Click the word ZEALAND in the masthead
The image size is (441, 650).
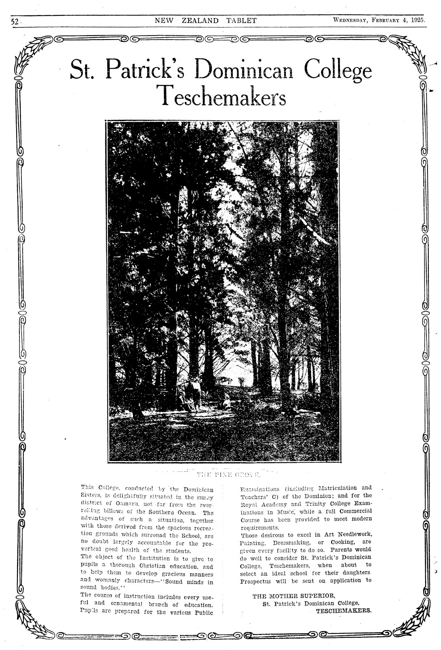[x=200, y=21]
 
